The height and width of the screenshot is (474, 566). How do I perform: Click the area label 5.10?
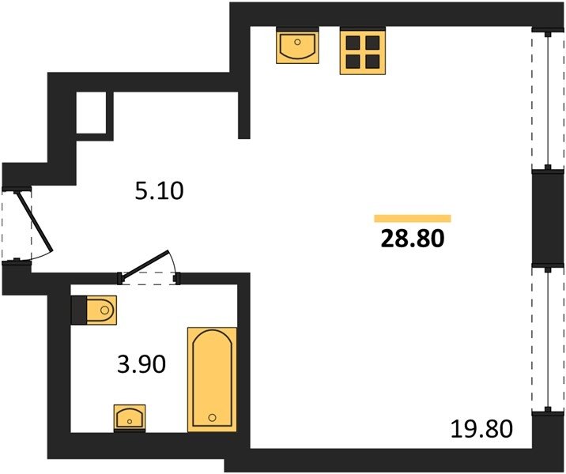(159, 191)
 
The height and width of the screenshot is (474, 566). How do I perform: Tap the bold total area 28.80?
(412, 239)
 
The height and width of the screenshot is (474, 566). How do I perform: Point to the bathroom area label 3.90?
(141, 363)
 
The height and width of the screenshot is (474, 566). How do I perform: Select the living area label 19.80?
(482, 429)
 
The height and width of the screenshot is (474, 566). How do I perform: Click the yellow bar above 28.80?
(413, 218)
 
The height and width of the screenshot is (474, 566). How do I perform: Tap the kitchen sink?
(297, 47)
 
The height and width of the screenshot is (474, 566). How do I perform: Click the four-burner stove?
(363, 52)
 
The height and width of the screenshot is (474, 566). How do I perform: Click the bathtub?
(212, 379)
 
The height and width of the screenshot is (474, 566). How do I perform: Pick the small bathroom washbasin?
(130, 418)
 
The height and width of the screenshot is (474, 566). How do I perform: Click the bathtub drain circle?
(212, 418)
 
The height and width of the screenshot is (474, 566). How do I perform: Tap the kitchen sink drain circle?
(297, 42)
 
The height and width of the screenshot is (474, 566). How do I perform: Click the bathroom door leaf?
(145, 264)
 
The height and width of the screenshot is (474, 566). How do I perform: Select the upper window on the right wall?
(548, 100)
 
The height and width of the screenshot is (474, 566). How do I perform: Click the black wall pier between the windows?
(548, 218)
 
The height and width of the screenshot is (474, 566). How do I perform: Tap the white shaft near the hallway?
(92, 112)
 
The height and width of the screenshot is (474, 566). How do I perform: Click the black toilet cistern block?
(79, 310)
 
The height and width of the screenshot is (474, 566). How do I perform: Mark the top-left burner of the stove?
(353, 43)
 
